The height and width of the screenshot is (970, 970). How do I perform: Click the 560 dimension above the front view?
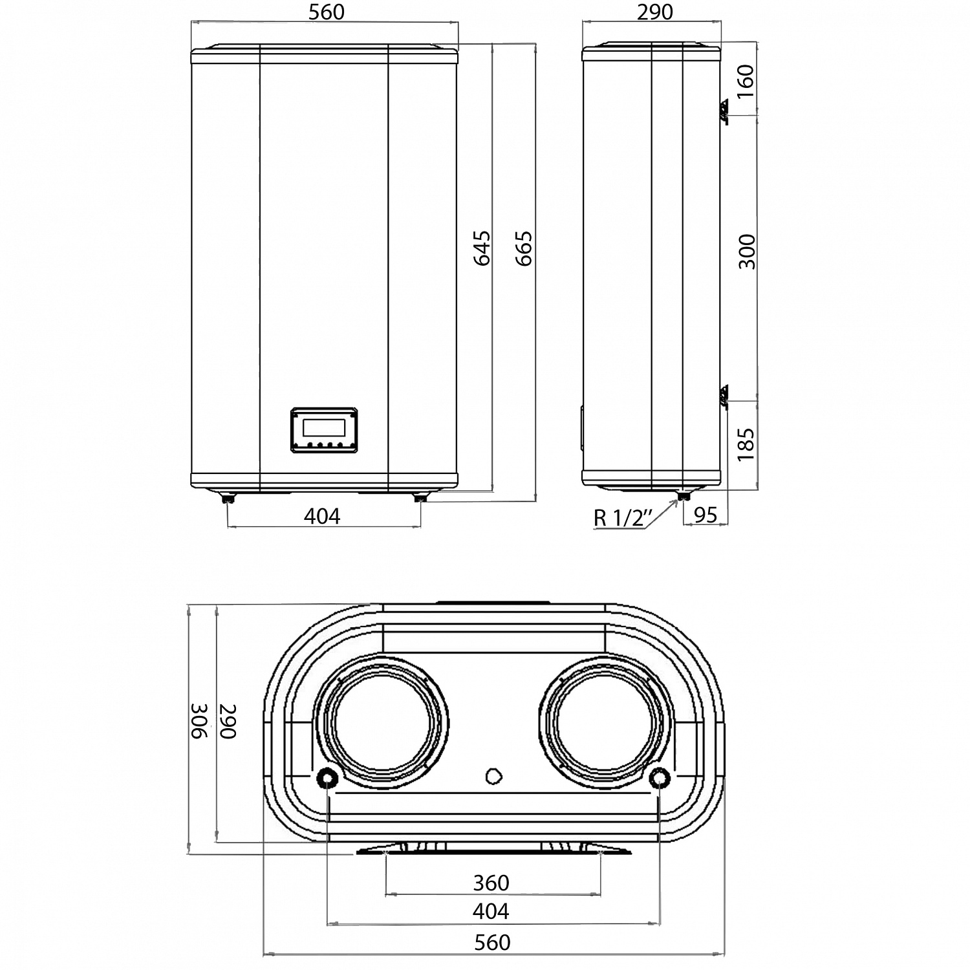[326, 12]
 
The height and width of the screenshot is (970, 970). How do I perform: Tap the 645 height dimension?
[482, 248]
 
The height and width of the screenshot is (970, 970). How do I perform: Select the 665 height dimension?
[524, 248]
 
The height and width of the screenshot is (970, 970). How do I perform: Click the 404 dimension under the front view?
[321, 516]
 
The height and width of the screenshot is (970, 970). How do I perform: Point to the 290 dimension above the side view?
[654, 12]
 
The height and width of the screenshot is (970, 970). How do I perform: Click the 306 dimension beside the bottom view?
[199, 720]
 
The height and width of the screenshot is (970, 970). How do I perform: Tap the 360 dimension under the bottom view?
[491, 883]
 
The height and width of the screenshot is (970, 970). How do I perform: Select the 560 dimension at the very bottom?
[492, 942]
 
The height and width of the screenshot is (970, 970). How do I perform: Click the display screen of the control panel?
[323, 427]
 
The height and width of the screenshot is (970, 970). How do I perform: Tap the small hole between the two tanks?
[495, 775]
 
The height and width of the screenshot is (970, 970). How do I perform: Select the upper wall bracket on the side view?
[723, 111]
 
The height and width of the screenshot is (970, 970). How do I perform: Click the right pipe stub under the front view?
[420, 499]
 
